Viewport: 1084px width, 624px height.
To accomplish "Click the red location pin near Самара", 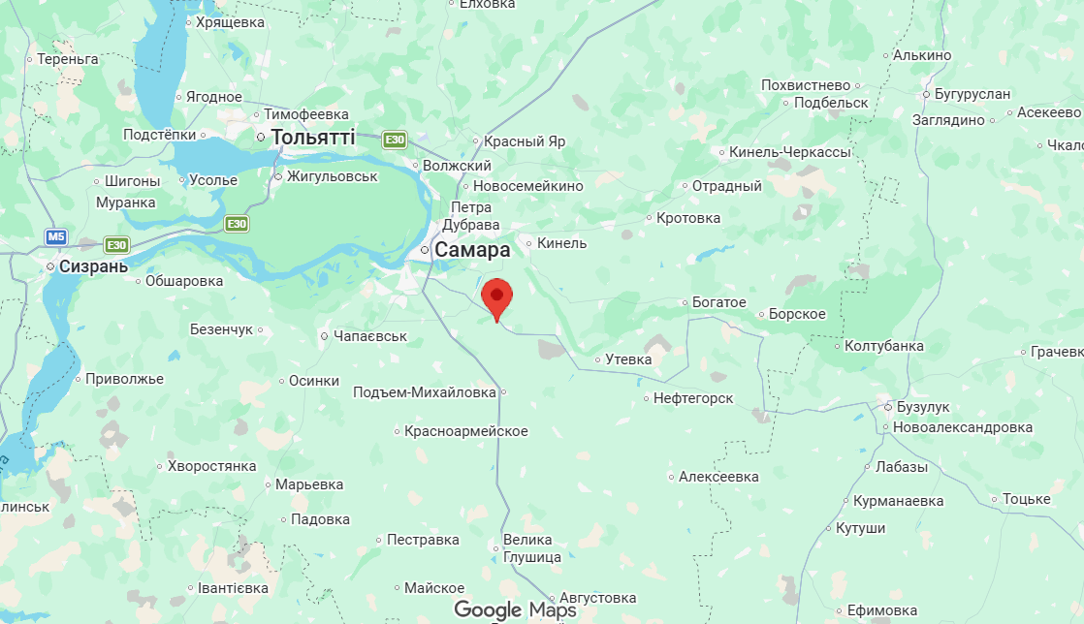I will (496, 297).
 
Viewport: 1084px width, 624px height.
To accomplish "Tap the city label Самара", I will (471, 250).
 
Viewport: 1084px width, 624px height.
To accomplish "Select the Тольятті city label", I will (312, 138).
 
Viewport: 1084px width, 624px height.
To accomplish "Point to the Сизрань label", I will (93, 265).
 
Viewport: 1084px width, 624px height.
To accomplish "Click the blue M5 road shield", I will (56, 236).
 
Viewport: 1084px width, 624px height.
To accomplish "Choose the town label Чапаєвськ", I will (369, 336).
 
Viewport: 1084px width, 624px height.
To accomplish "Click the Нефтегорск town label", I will (693, 398).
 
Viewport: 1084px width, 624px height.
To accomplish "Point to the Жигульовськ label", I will (332, 176).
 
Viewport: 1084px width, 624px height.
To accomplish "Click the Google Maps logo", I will (515, 609).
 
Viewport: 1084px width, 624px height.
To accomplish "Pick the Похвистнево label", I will (806, 85).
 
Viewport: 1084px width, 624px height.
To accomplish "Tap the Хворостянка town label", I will (211, 466).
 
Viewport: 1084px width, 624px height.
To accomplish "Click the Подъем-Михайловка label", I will (425, 392).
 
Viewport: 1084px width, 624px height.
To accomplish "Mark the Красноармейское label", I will (465, 431).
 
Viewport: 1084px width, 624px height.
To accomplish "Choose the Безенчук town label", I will (221, 329).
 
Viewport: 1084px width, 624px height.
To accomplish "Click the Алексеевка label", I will (718, 477).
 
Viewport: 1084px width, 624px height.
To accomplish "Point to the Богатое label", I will (718, 302).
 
